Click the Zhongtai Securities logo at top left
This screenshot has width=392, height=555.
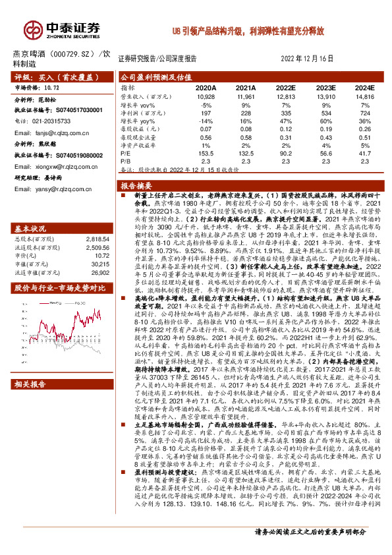[62, 28]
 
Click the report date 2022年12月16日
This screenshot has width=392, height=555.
[308, 58]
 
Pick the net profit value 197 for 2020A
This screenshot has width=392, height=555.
[206, 114]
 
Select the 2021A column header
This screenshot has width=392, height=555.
[245, 87]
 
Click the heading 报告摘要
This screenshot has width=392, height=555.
[136, 186]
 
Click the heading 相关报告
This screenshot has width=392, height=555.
[30, 402]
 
